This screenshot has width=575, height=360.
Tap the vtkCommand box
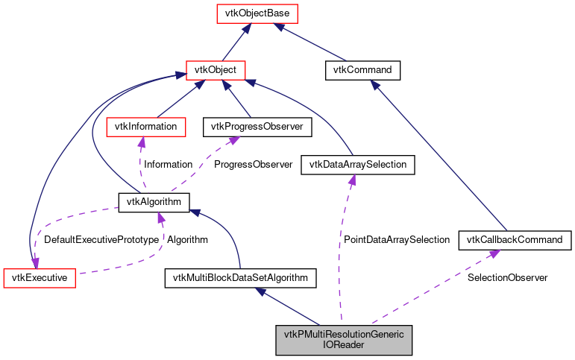[x=363, y=70]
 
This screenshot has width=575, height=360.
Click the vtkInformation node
[x=145, y=127]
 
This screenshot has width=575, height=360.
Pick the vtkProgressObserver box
[x=257, y=127]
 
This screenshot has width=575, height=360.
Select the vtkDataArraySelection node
[x=356, y=165]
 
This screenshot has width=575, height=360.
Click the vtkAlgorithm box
[x=154, y=201]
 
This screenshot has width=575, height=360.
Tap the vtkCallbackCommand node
[x=515, y=240]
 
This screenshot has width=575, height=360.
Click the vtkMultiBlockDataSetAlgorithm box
[x=239, y=278]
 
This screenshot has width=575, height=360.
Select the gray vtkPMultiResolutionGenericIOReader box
[x=343, y=340]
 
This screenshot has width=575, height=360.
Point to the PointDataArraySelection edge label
[x=396, y=240]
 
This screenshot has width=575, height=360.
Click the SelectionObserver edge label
[x=507, y=277]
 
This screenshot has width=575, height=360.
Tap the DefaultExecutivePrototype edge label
[x=101, y=240]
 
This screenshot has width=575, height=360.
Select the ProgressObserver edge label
[x=253, y=165]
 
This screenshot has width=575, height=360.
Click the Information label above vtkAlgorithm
[x=168, y=165]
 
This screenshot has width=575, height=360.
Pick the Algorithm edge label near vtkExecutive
[x=187, y=240]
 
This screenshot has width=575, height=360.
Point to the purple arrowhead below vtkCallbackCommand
[x=493, y=254]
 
